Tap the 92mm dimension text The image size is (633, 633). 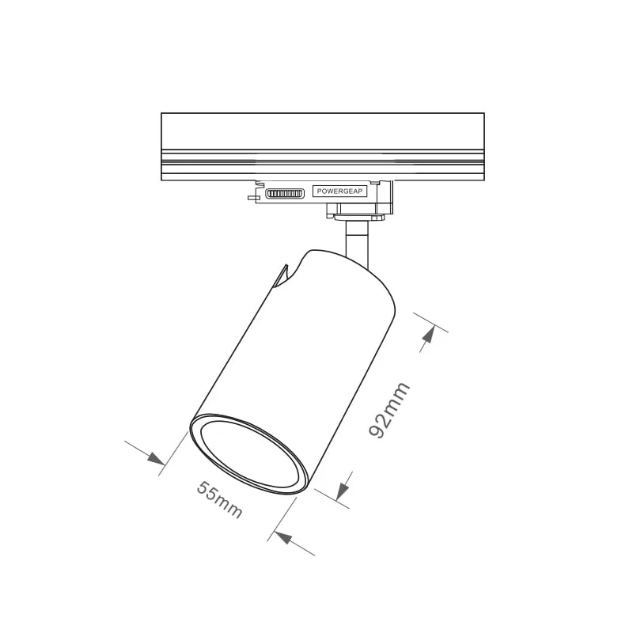coord(389,409)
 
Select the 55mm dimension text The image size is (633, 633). coord(219,500)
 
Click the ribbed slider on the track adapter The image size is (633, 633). coord(284,193)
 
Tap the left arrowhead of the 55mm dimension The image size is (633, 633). coord(156,458)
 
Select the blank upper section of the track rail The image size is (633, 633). coord(322,131)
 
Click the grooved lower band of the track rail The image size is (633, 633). coord(322,165)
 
